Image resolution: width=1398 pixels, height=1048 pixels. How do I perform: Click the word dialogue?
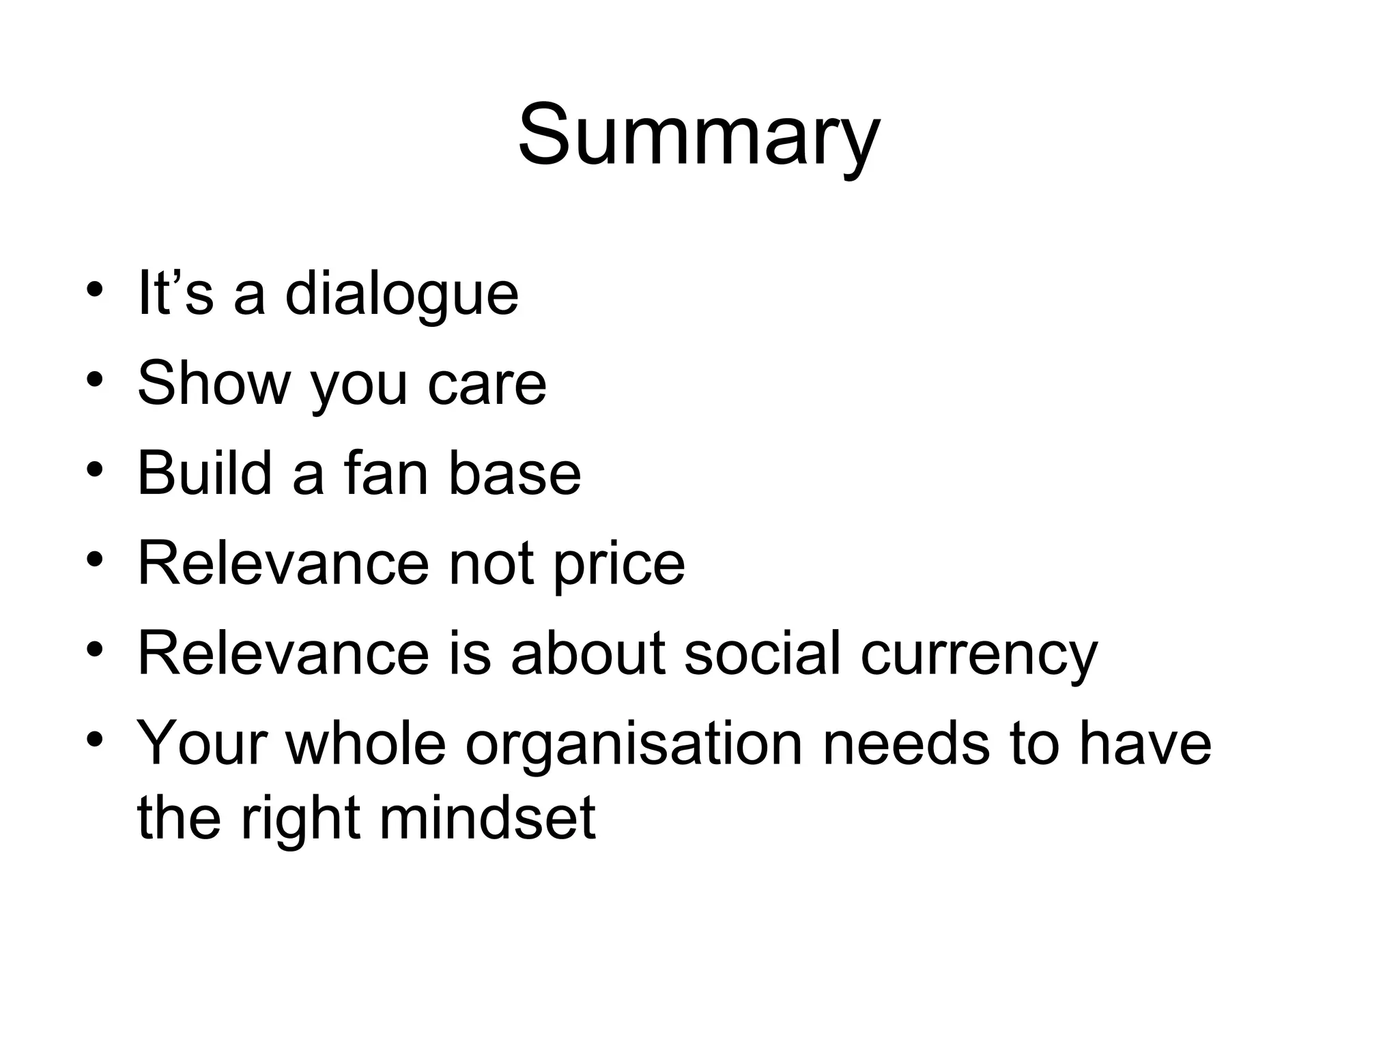[x=401, y=295]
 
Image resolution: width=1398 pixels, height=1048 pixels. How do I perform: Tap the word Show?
[x=214, y=383]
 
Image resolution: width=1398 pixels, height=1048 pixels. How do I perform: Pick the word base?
[x=514, y=474]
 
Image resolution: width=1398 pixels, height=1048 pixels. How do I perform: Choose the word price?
[x=618, y=565]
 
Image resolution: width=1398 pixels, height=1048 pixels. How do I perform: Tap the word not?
[x=491, y=564]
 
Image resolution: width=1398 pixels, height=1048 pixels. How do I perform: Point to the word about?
[x=588, y=653]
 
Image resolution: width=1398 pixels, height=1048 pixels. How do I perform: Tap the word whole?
[x=366, y=744]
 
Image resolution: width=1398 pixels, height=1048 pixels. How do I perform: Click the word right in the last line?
[x=300, y=819]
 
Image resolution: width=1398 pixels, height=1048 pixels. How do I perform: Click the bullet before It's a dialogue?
[x=95, y=290]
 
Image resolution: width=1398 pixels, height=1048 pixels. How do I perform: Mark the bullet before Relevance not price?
[x=95, y=559]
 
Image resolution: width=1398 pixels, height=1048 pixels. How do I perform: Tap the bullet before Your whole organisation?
[x=95, y=739]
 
